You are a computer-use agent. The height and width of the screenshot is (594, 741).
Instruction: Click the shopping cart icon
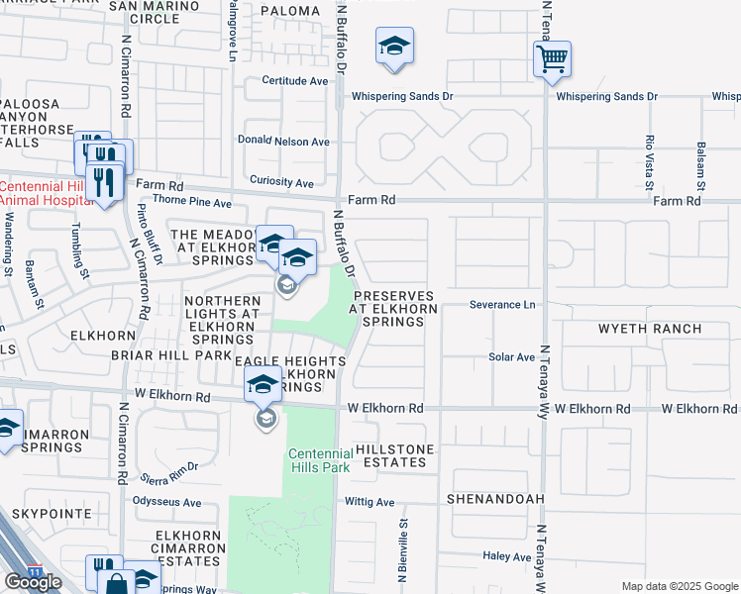click(552, 57)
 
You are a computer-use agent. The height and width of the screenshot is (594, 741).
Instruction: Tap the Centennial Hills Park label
click(320, 461)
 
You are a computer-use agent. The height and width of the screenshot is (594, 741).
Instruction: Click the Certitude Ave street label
click(294, 80)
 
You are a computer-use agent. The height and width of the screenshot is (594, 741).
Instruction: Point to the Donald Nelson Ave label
click(283, 142)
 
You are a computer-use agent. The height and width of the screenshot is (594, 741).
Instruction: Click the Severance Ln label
click(501, 305)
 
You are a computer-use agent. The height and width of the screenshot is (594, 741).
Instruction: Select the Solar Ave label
click(511, 356)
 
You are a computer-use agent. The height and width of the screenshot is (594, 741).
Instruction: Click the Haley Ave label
click(508, 557)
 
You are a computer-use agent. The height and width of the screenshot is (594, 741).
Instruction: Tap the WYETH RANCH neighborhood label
click(649, 329)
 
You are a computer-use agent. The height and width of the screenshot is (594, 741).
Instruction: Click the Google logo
click(33, 582)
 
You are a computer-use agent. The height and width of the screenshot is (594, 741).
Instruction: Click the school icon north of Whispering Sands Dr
click(394, 47)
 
